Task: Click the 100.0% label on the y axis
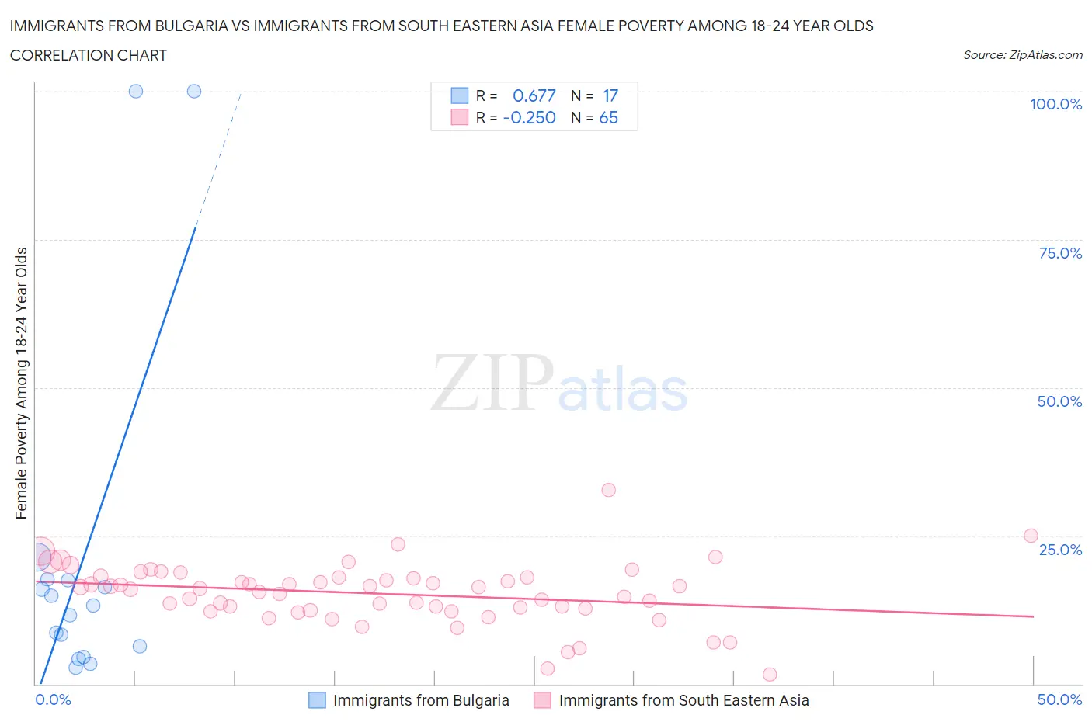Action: click(1055, 104)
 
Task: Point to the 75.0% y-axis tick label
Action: click(1060, 253)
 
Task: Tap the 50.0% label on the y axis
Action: click(1059, 401)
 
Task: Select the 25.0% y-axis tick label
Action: click(1060, 550)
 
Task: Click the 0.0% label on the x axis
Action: click(53, 699)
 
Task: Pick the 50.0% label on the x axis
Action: click(1059, 699)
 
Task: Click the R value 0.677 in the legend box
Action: click(534, 95)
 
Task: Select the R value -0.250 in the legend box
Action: click(530, 117)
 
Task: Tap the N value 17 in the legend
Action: click(610, 95)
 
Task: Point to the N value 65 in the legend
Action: click(608, 117)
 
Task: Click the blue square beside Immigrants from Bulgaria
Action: click(317, 700)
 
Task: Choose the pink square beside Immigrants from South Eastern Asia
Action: click(543, 700)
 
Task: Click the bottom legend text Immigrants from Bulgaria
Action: click(421, 700)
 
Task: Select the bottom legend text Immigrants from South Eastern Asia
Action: click(683, 700)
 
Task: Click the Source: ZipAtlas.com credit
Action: click(1022, 54)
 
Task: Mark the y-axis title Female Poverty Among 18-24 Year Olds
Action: click(21, 383)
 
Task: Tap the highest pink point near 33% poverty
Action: click(608, 490)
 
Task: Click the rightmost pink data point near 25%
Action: click(1031, 536)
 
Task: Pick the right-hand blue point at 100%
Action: click(194, 91)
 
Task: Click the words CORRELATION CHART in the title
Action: click(89, 55)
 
